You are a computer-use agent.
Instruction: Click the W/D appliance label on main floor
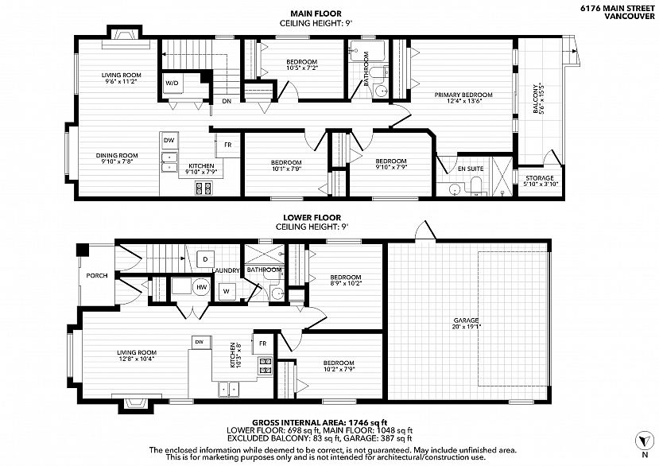[x=172, y=83]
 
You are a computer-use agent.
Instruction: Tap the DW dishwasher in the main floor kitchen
[x=169, y=141]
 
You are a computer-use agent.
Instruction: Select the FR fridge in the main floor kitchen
[x=227, y=145]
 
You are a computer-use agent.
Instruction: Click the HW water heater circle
[x=202, y=287]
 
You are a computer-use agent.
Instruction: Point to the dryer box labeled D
[x=205, y=259]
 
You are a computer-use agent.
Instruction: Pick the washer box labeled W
[x=227, y=291]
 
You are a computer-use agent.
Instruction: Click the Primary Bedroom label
[x=463, y=95]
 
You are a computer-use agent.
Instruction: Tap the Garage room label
[x=466, y=320]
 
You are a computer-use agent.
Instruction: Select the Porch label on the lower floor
[x=97, y=276]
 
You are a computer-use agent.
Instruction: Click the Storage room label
[x=540, y=178]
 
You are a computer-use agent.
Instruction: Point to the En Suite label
[x=471, y=169]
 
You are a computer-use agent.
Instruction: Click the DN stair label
[x=227, y=101]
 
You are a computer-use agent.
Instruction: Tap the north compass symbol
[x=644, y=441]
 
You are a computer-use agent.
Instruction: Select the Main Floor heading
[x=316, y=14]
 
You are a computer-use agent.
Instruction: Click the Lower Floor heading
[x=312, y=217]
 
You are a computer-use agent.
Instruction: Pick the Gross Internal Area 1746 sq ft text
[x=320, y=422]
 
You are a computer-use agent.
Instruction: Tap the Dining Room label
[x=116, y=156]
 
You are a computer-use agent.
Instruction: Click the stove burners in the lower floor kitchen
[x=266, y=366]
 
